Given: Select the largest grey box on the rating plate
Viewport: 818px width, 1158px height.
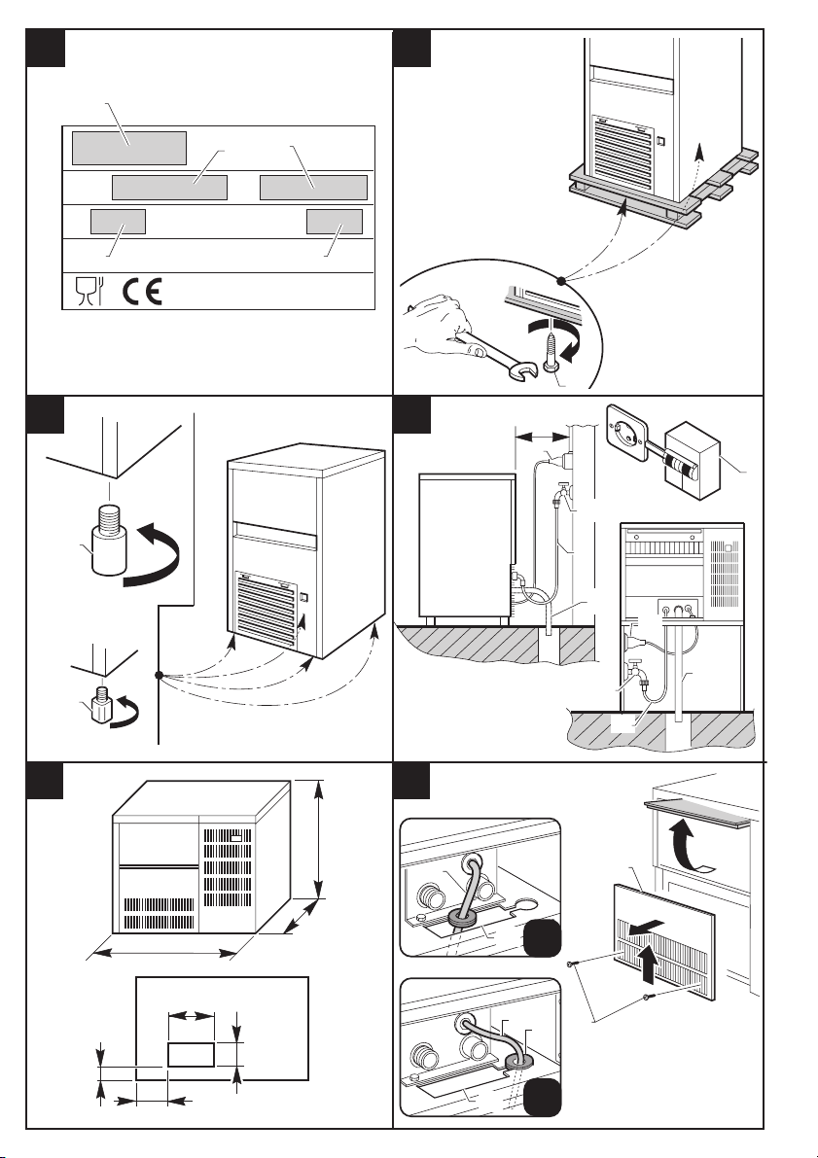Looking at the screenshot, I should (x=129, y=147).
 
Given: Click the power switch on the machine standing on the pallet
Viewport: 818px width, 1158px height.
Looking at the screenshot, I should (x=660, y=142).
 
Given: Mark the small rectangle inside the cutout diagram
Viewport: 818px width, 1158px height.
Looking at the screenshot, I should (x=190, y=1054).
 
